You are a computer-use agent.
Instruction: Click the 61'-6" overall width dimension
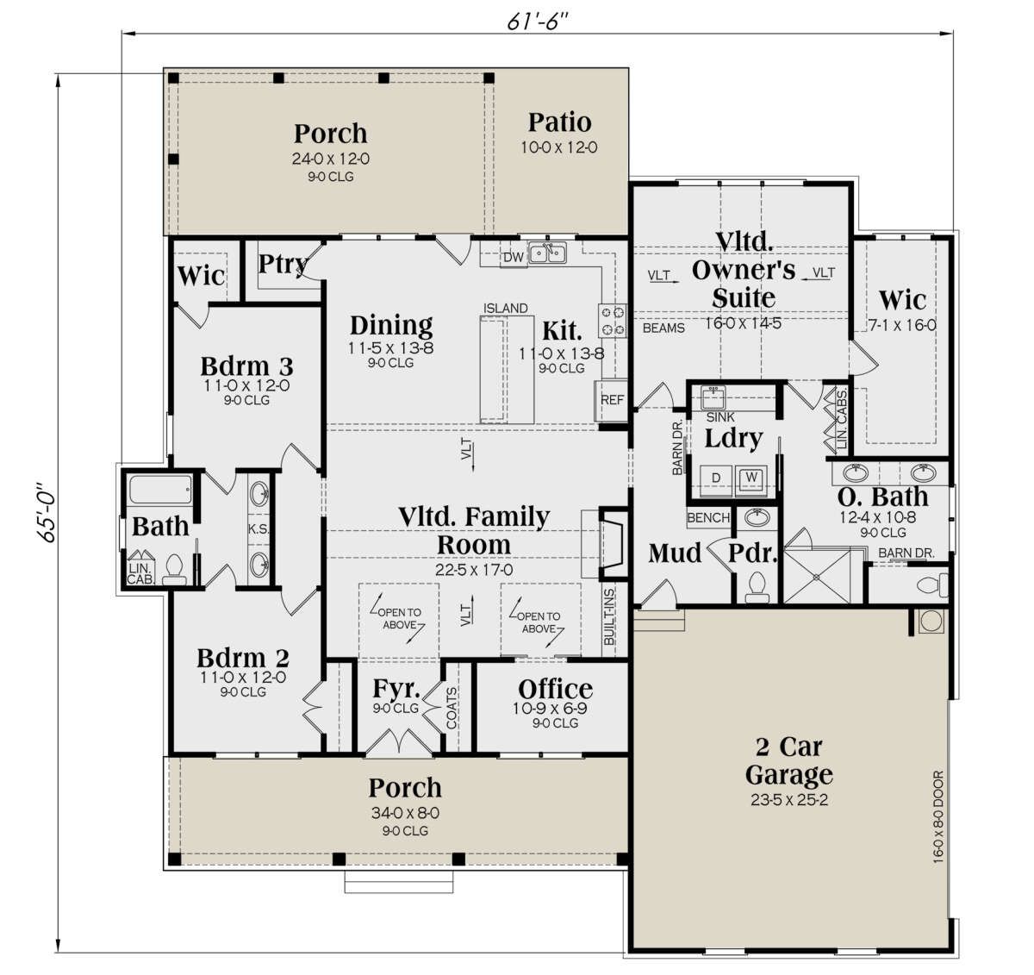tap(537, 21)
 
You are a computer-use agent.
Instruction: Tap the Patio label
tap(560, 122)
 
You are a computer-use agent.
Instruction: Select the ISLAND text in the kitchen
tap(505, 308)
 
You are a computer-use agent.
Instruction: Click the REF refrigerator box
tap(612, 400)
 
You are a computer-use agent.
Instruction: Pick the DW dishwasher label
tap(514, 258)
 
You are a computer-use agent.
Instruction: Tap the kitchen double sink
tap(547, 253)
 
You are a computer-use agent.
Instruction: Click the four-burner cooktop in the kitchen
tap(613, 321)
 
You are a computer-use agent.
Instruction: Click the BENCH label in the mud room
tap(708, 517)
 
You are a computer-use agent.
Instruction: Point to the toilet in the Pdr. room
tap(757, 588)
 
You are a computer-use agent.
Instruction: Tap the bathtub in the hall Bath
tap(160, 490)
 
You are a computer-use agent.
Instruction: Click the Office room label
tap(555, 689)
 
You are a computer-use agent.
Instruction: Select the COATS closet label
tap(452, 709)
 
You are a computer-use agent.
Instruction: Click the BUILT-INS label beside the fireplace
tap(609, 617)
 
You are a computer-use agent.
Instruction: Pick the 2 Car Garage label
tap(788, 761)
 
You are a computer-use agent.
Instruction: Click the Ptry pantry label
tap(283, 264)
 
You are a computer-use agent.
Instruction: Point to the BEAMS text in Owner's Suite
tap(663, 328)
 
